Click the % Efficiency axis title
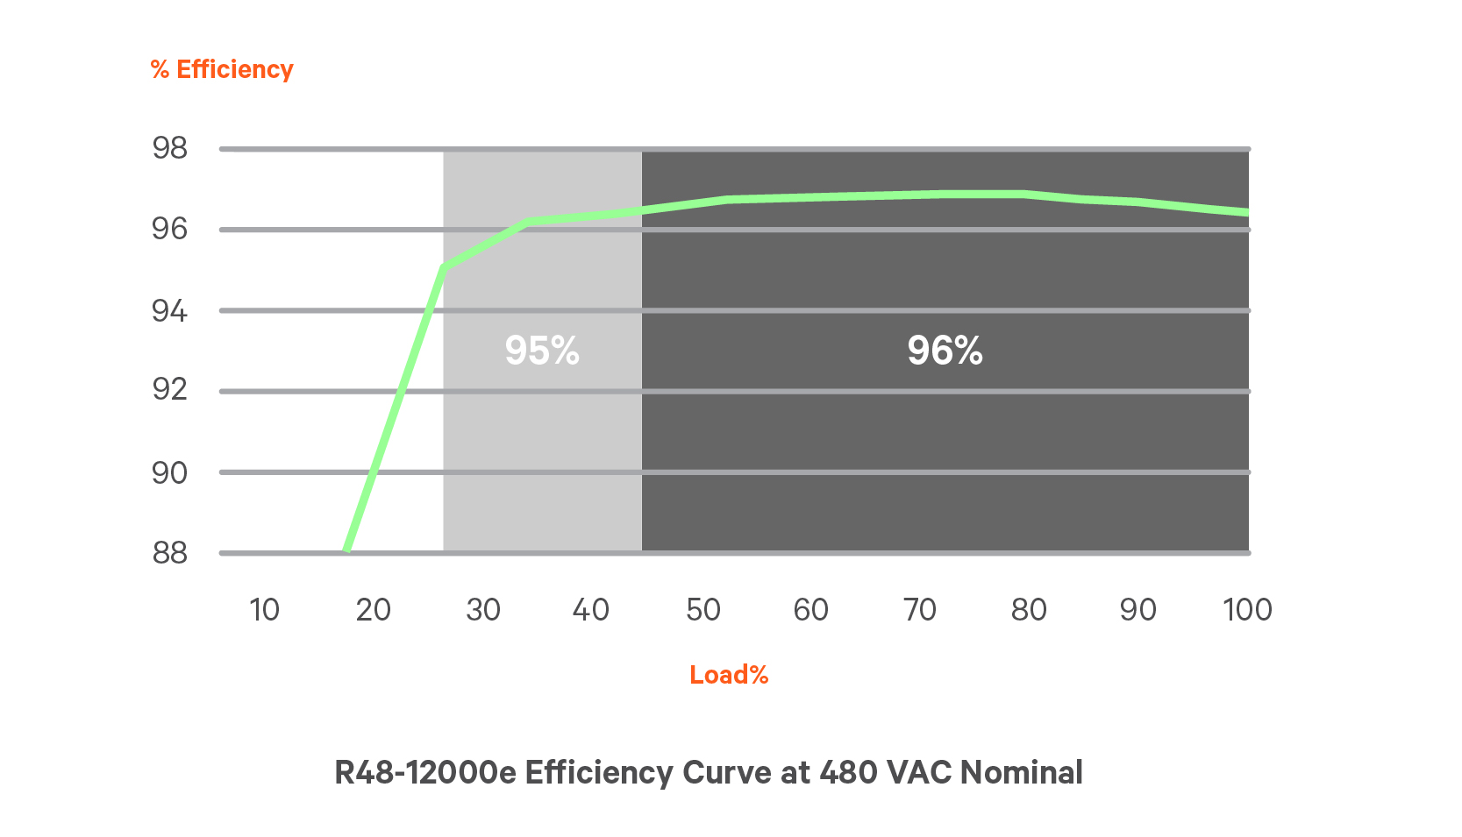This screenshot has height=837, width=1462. click(x=222, y=69)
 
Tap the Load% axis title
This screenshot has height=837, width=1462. click(x=729, y=674)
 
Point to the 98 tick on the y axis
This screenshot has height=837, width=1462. click(x=170, y=148)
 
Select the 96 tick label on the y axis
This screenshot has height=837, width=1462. click(x=170, y=229)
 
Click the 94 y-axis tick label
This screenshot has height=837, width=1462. click(x=170, y=310)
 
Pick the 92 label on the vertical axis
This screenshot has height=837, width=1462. click(x=170, y=389)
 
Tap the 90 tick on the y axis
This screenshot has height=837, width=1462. click(x=170, y=472)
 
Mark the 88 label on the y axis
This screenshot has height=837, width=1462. click(x=170, y=552)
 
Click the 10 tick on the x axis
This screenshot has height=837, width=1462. click(x=264, y=609)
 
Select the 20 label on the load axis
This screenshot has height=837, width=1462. click(x=373, y=609)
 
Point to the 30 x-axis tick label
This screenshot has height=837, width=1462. click(x=482, y=609)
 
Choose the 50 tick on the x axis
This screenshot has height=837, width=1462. click(x=702, y=609)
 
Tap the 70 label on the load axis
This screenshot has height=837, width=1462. click(x=920, y=609)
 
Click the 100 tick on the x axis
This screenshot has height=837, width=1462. click(x=1247, y=609)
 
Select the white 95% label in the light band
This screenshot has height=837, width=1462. click(x=542, y=351)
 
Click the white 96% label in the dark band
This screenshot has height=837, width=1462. click(x=945, y=351)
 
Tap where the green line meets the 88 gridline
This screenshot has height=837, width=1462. click(x=348, y=550)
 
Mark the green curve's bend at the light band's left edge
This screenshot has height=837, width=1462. click(x=444, y=266)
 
